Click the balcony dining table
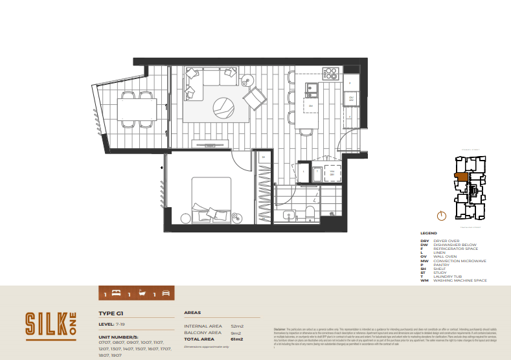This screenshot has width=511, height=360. pos(137,111)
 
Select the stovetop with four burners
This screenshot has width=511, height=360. pos(330,73)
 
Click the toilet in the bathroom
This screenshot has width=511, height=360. pos(310,214)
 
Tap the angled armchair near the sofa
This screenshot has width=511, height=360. pos(255,99)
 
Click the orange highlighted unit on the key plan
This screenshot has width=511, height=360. pos(461,175)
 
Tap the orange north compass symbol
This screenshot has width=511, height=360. pos(440,216)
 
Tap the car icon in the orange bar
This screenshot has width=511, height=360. pos(165,293)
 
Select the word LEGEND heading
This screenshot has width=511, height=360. pos(429,233)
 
